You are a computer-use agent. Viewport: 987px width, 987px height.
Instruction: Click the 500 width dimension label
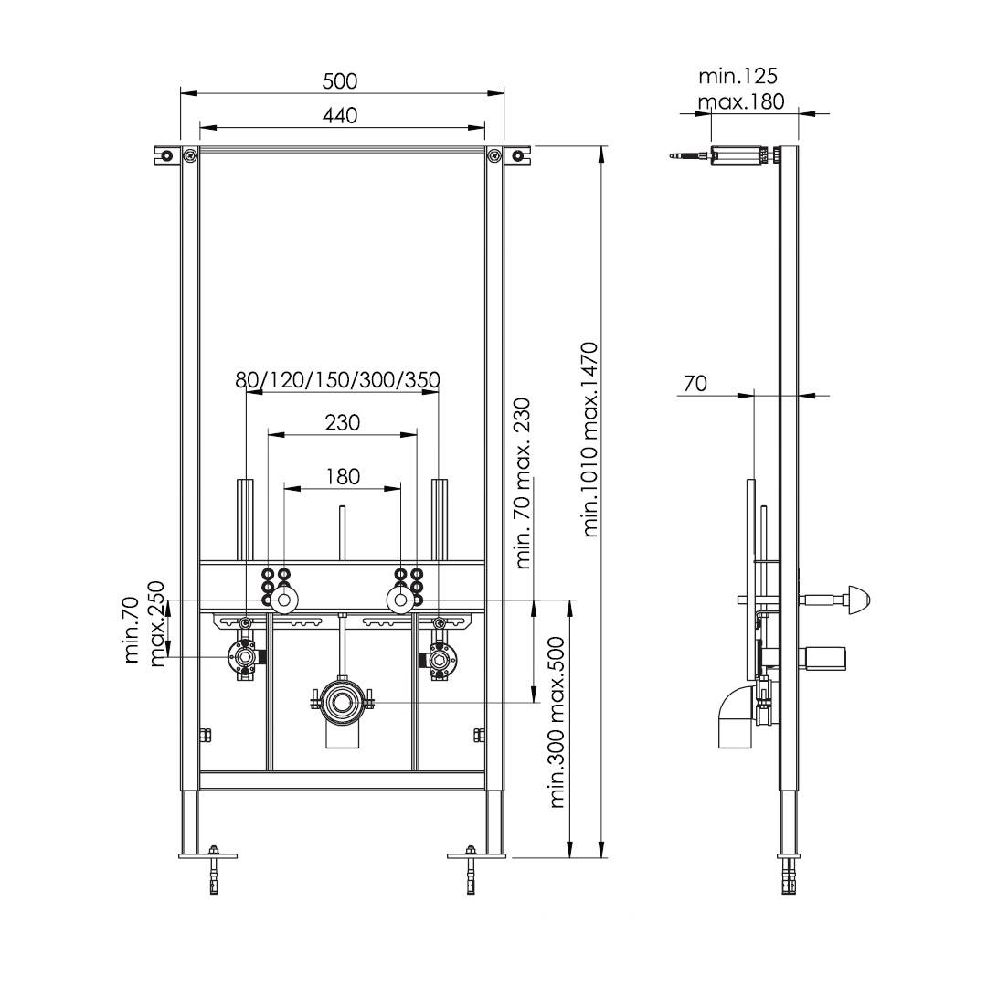pyautogui.click(x=340, y=81)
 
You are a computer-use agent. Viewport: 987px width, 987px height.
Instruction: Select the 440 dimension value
pyautogui.click(x=340, y=116)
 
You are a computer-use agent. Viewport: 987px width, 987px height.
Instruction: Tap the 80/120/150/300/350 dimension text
pyautogui.click(x=337, y=380)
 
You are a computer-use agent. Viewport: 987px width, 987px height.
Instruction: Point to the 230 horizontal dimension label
pyautogui.click(x=343, y=422)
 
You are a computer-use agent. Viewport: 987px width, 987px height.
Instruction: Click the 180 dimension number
pyautogui.click(x=343, y=476)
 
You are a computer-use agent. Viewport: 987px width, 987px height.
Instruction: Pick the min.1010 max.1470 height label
pyautogui.click(x=589, y=439)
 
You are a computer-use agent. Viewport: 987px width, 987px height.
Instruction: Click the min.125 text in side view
pyautogui.click(x=738, y=76)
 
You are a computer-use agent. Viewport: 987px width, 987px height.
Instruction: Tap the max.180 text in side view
pyautogui.click(x=741, y=101)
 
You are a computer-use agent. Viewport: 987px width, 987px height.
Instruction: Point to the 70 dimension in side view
pyautogui.click(x=695, y=383)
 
